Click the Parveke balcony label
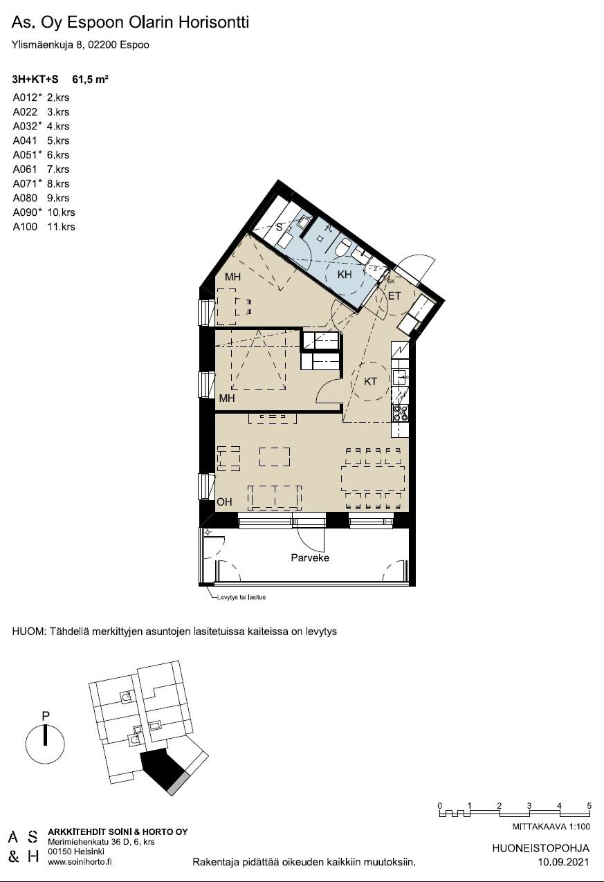(x=310, y=558)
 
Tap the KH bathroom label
(x=345, y=275)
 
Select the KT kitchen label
(x=370, y=381)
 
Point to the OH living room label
(x=224, y=502)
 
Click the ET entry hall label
(x=394, y=295)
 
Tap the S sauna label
(x=279, y=227)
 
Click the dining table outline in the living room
(x=373, y=479)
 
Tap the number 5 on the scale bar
(x=589, y=805)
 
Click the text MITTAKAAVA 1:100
(x=551, y=826)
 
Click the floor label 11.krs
(x=61, y=226)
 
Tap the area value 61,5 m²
(x=90, y=79)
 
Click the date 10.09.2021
(x=563, y=862)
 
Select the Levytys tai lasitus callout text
(x=241, y=597)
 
